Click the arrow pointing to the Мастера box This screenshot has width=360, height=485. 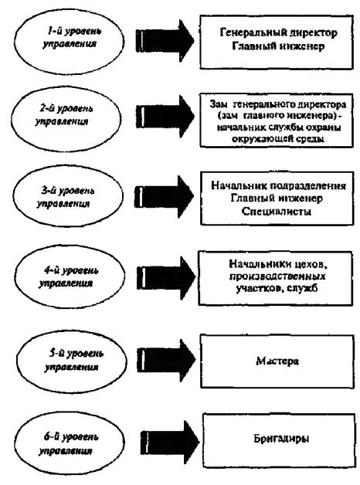(x=166, y=360)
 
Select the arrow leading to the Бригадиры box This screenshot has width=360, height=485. (x=170, y=443)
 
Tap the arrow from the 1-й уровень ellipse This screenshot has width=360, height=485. (x=165, y=40)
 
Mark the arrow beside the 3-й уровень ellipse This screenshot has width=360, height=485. (x=164, y=196)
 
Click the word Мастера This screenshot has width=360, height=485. (x=277, y=361)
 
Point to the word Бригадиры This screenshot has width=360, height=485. (x=281, y=439)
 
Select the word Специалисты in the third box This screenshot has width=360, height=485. (x=277, y=212)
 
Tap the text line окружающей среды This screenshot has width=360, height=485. (x=278, y=139)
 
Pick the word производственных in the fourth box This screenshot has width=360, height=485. (x=277, y=276)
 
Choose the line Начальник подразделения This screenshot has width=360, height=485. (x=278, y=185)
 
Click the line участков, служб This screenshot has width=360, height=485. (x=277, y=288)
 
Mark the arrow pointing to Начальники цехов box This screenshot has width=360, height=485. (x=166, y=277)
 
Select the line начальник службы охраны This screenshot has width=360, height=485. (x=279, y=127)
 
